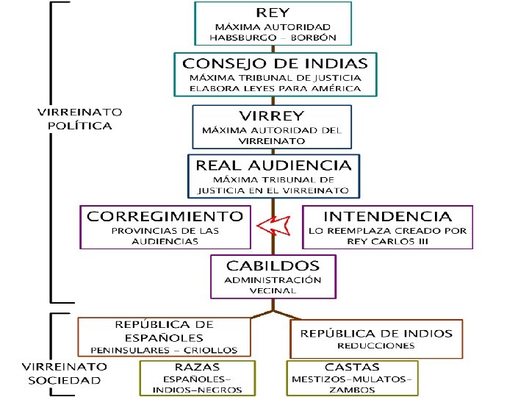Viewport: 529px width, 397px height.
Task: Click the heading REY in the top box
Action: click(273, 12)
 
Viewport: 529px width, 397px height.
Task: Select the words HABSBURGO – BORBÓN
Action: click(273, 37)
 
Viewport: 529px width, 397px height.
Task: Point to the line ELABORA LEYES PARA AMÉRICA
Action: click(276, 87)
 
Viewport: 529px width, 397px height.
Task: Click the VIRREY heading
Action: click(272, 115)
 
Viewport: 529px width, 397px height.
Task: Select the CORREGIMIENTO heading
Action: click(165, 216)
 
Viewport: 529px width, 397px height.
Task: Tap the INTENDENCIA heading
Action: click(388, 216)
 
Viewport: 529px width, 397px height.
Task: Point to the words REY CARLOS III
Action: click(388, 242)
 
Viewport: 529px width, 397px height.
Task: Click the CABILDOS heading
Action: click(273, 265)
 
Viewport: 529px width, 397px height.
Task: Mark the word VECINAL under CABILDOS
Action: click(273, 290)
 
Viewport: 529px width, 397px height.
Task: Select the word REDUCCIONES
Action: click(376, 345)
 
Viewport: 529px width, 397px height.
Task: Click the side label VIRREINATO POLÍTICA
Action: click(80, 118)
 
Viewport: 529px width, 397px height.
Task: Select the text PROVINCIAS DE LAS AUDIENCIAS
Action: click(165, 236)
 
